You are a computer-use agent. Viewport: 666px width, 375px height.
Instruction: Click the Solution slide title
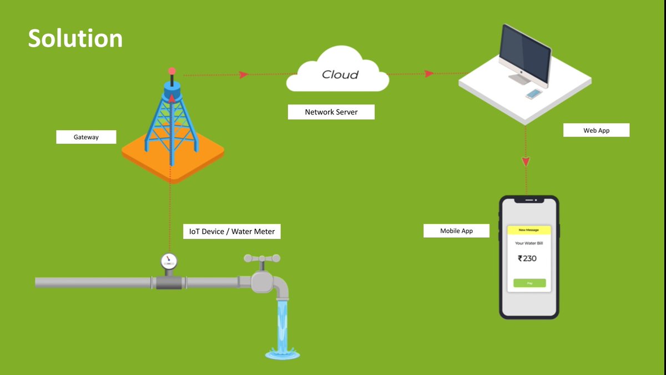click(75, 38)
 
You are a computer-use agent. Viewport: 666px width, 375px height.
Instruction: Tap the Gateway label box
click(86, 137)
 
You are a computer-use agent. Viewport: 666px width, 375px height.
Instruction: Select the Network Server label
click(331, 112)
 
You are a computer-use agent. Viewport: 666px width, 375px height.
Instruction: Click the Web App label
click(597, 131)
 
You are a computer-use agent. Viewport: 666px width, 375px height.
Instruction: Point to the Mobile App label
click(456, 231)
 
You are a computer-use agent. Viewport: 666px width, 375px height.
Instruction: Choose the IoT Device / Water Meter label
click(232, 231)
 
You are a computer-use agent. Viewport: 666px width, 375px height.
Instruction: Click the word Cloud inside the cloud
click(340, 74)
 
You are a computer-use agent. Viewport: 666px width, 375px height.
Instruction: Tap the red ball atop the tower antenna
click(172, 71)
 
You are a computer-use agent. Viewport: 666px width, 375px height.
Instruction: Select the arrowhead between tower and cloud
click(244, 74)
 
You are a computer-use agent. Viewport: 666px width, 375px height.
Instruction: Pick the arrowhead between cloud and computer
click(429, 73)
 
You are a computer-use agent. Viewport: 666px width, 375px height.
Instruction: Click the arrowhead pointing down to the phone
click(526, 161)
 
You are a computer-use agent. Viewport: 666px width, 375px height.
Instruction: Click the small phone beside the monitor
click(533, 94)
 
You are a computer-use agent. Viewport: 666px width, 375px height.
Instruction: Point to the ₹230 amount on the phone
click(527, 258)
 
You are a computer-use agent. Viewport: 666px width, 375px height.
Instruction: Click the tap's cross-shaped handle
click(262, 258)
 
